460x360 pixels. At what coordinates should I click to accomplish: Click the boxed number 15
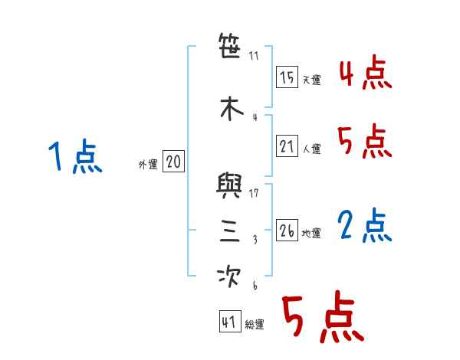click(x=287, y=77)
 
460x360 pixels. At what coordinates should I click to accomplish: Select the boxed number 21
click(x=287, y=146)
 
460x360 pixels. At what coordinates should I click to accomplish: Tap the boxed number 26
click(x=287, y=231)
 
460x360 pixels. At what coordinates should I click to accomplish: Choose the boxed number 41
click(x=229, y=322)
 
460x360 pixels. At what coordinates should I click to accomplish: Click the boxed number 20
click(x=173, y=162)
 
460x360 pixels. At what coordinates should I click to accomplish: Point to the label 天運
click(x=312, y=80)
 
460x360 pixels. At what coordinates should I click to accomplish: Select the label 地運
click(x=312, y=234)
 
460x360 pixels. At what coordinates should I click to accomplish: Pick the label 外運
click(x=147, y=165)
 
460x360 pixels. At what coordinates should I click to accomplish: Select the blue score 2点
click(x=365, y=226)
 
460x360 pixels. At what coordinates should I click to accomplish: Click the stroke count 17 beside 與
click(x=255, y=193)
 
